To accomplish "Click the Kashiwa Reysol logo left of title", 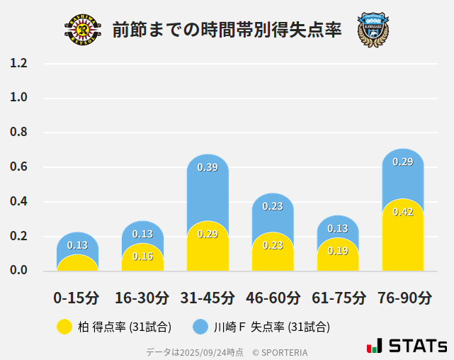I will [83, 30].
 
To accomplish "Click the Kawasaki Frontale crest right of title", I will [373, 30].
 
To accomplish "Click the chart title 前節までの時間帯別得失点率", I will [227, 30].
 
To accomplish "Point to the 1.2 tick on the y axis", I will [19, 64].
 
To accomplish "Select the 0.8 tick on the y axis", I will [19, 133].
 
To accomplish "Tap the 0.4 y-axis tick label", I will [19, 202].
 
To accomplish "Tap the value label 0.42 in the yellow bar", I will [403, 212].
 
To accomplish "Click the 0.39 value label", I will [208, 168].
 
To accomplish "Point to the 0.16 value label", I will [142, 257].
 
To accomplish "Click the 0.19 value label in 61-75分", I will [338, 251].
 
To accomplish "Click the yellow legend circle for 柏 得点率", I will [64, 327].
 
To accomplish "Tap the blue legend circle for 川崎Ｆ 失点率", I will [201, 327].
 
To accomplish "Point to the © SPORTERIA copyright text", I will [280, 351].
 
